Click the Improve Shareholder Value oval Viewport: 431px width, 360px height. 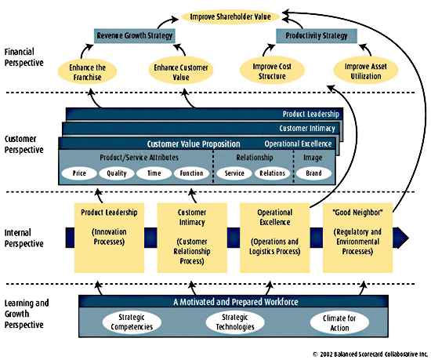pos(230,16)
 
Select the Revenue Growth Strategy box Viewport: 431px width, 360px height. pos(135,36)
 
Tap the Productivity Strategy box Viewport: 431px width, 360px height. pos(317,36)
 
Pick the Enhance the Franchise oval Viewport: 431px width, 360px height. pos(88,72)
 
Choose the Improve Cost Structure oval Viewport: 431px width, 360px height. pos(272,71)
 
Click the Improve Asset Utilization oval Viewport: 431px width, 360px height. pos(366,71)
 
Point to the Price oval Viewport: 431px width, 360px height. pos(79,173)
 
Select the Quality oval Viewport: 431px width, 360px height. pos(117,173)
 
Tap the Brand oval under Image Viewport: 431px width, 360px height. pos(313,173)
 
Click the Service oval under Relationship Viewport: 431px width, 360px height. pos(234,173)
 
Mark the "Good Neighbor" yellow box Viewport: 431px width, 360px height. pos(357,238)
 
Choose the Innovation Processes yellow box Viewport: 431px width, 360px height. pos(109,238)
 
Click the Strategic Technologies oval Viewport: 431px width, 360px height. pos(235,322)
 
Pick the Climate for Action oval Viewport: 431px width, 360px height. pos(339,323)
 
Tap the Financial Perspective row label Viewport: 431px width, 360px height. pos(24,57)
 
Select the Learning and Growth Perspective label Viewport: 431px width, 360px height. pos(27,314)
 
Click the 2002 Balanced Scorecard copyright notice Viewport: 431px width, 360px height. pos(370,355)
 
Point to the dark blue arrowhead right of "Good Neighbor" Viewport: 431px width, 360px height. pos(400,238)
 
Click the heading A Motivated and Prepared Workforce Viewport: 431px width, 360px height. pos(236,302)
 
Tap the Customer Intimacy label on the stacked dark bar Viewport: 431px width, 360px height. pos(307,129)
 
